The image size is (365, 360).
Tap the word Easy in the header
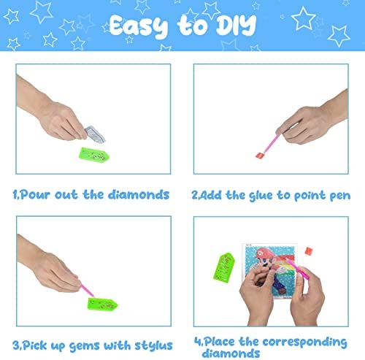(x=139, y=26)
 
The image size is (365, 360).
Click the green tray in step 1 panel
(x=94, y=155)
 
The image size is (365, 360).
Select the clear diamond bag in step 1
(x=95, y=134)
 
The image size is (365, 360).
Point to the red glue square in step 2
(x=259, y=155)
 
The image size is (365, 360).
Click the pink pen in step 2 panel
(x=272, y=143)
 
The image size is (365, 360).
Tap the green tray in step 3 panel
(x=102, y=305)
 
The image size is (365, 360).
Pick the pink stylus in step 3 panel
(x=88, y=291)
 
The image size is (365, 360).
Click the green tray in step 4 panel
(x=224, y=268)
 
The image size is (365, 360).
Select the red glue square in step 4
(x=309, y=251)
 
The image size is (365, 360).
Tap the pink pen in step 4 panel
(x=297, y=269)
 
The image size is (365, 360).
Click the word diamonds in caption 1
(x=139, y=195)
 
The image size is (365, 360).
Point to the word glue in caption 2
(x=261, y=196)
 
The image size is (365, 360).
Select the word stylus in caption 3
(x=154, y=346)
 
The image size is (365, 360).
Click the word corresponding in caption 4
(x=305, y=342)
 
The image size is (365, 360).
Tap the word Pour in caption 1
(x=35, y=195)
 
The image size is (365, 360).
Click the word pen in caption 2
(x=340, y=196)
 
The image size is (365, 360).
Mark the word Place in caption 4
(x=220, y=342)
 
